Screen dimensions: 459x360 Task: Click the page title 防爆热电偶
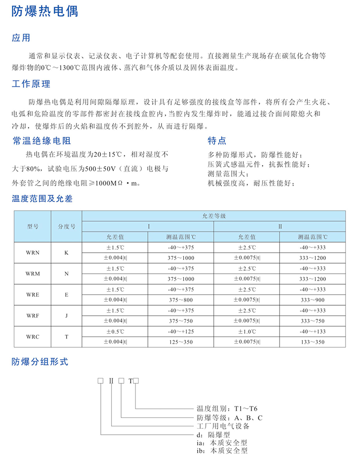[45, 11]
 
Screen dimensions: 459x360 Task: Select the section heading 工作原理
[31, 84]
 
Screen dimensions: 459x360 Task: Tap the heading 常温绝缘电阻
[41, 141]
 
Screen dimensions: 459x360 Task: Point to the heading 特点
[217, 141]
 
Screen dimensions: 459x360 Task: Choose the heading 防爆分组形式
[40, 362]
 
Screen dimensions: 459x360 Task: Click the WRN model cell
[33, 253]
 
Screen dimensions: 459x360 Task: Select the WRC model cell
[33, 337]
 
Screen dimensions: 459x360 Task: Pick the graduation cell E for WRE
[67, 295]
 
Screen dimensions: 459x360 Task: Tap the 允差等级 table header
[214, 216]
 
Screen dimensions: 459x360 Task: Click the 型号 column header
[33, 226]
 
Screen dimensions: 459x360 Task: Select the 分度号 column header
[67, 226]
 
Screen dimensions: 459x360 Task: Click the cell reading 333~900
[312, 300]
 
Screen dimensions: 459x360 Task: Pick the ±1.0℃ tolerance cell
[247, 332]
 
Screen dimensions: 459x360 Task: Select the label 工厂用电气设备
[223, 426]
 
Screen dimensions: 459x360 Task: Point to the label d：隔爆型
[213, 435]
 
